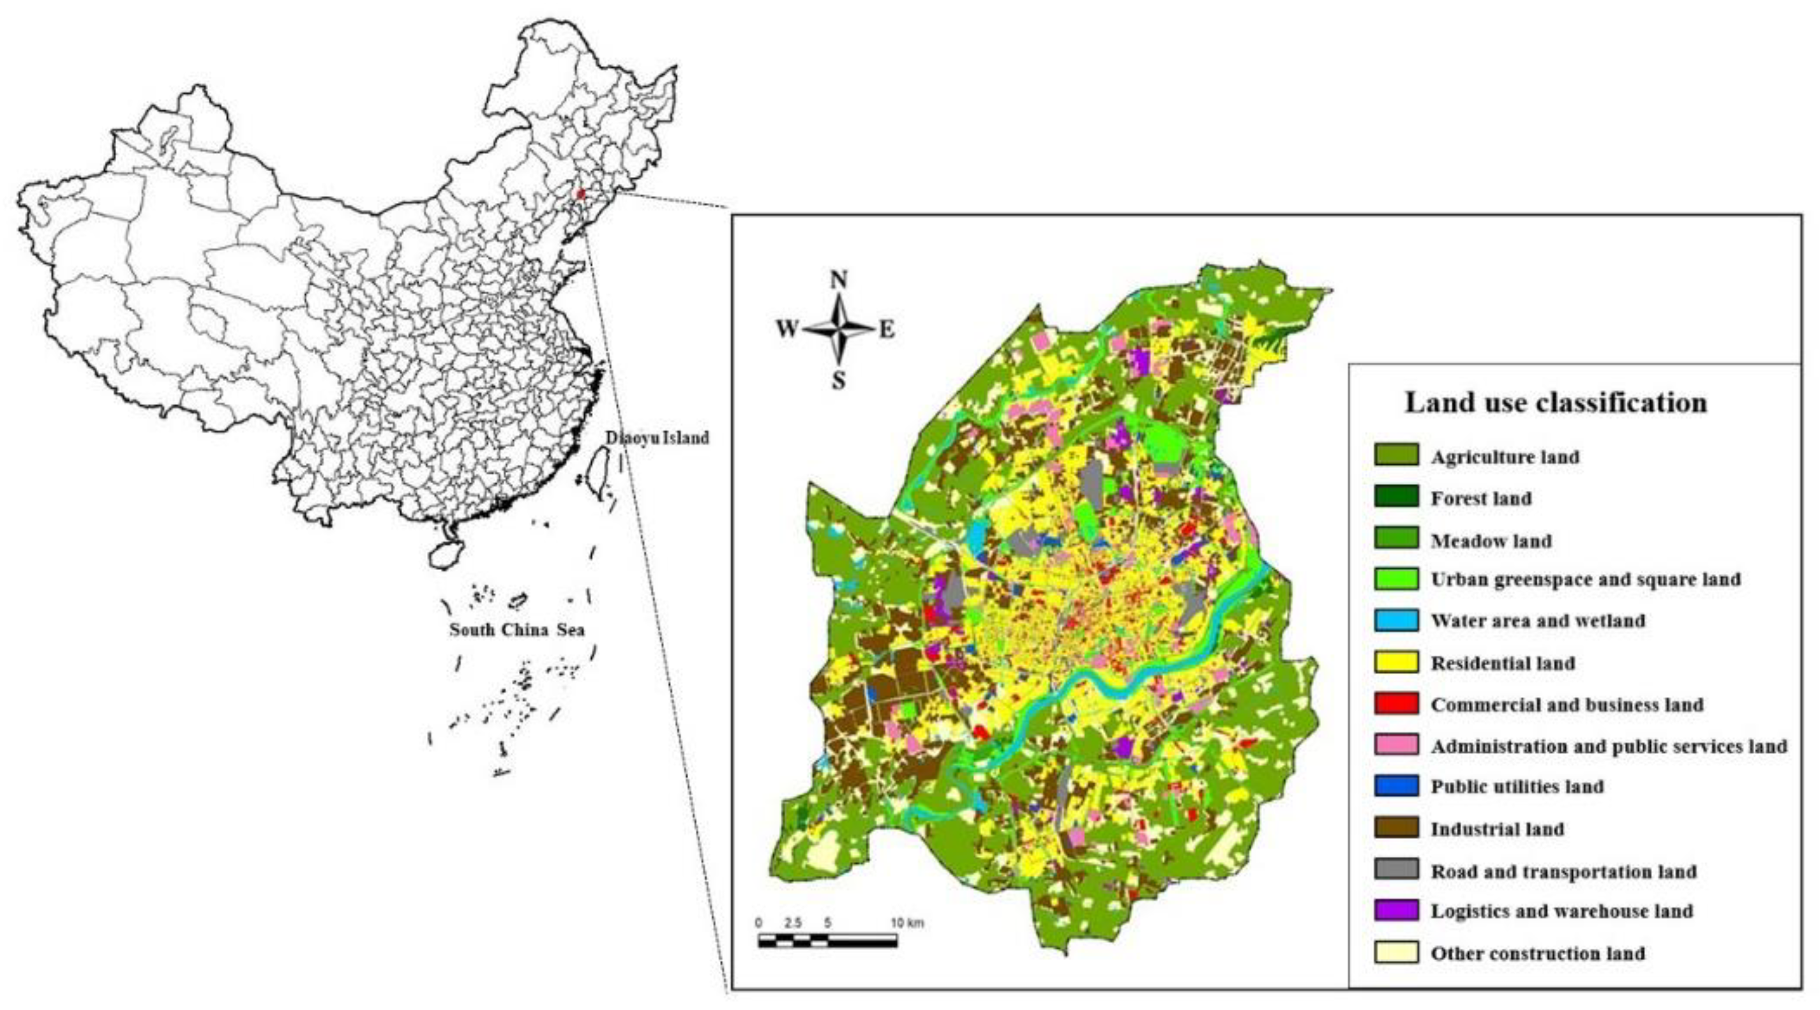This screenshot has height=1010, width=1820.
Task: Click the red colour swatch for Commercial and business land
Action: coord(1396,704)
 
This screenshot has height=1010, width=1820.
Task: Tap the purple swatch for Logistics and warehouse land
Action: coord(1396,910)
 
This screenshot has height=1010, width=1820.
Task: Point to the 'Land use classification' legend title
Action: coord(1556,403)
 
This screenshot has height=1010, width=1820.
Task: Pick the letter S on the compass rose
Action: coord(838,381)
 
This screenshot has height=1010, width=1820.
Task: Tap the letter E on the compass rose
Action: coord(887,330)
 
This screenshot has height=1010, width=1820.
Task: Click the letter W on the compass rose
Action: coord(787,329)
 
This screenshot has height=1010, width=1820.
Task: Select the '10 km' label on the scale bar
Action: coord(907,923)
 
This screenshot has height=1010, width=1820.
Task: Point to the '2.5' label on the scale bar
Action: coord(792,923)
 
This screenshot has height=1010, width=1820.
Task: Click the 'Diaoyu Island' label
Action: coord(657,438)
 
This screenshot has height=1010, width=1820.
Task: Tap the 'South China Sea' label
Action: coord(517,629)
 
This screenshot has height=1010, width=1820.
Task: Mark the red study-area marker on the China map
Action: coord(581,193)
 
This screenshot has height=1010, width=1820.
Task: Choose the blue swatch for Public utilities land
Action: coord(1396,786)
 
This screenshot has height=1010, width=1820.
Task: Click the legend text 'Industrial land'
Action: coord(1497,829)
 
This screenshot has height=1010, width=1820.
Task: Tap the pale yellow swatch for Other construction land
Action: coord(1396,952)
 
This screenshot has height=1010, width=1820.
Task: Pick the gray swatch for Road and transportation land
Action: coord(1396,870)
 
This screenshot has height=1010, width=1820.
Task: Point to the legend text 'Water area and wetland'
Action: coord(1537,621)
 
